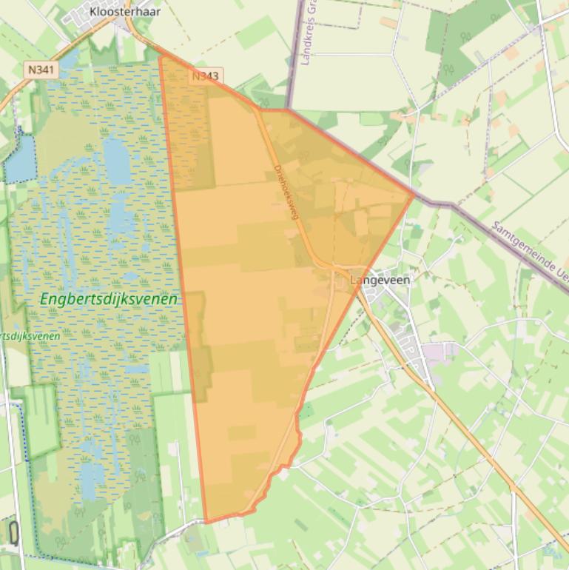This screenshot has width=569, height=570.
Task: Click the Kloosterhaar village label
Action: (124, 11)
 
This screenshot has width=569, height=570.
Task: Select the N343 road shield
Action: (206, 76)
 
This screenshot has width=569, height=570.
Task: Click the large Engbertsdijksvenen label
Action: (110, 299)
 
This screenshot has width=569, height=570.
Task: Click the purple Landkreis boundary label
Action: (310, 33)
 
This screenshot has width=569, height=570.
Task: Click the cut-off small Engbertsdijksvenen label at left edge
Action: (30, 335)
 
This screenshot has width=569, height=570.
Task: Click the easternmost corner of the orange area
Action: (414, 195)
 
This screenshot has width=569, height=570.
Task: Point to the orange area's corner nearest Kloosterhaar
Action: (160, 56)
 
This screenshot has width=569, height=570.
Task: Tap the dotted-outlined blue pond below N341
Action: (20, 159)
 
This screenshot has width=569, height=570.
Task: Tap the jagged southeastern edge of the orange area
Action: (285, 463)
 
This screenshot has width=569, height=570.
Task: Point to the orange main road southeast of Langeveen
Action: (474, 437)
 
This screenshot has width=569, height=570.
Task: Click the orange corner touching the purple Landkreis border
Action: (286, 110)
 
